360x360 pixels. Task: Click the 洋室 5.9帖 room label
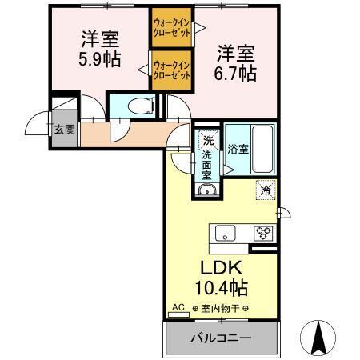coord(100,50)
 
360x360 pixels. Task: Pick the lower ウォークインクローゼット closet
coord(172,70)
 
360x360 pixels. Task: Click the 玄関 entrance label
coord(63,129)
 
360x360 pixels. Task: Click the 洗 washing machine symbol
coord(208,139)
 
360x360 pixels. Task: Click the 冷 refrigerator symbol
coord(265,191)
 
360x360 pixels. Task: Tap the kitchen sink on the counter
coord(224,234)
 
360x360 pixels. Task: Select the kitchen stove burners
coord(262,234)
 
